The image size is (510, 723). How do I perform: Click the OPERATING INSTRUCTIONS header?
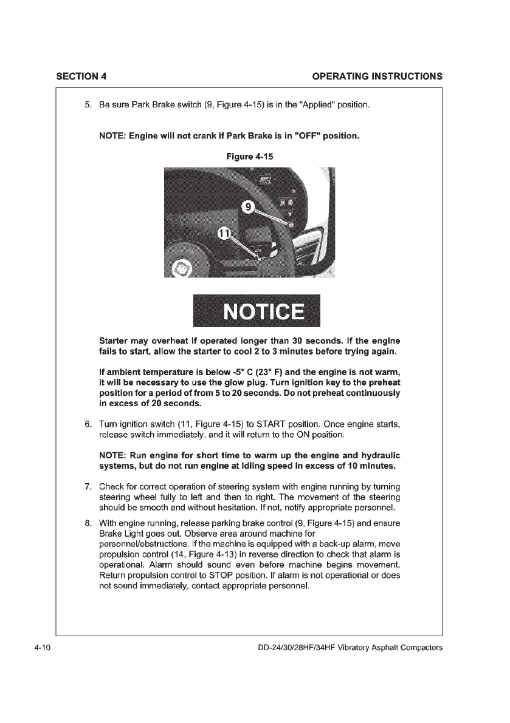tap(377, 76)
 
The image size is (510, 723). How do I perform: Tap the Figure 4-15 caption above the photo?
tap(250, 156)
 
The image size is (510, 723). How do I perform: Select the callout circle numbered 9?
tap(248, 208)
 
